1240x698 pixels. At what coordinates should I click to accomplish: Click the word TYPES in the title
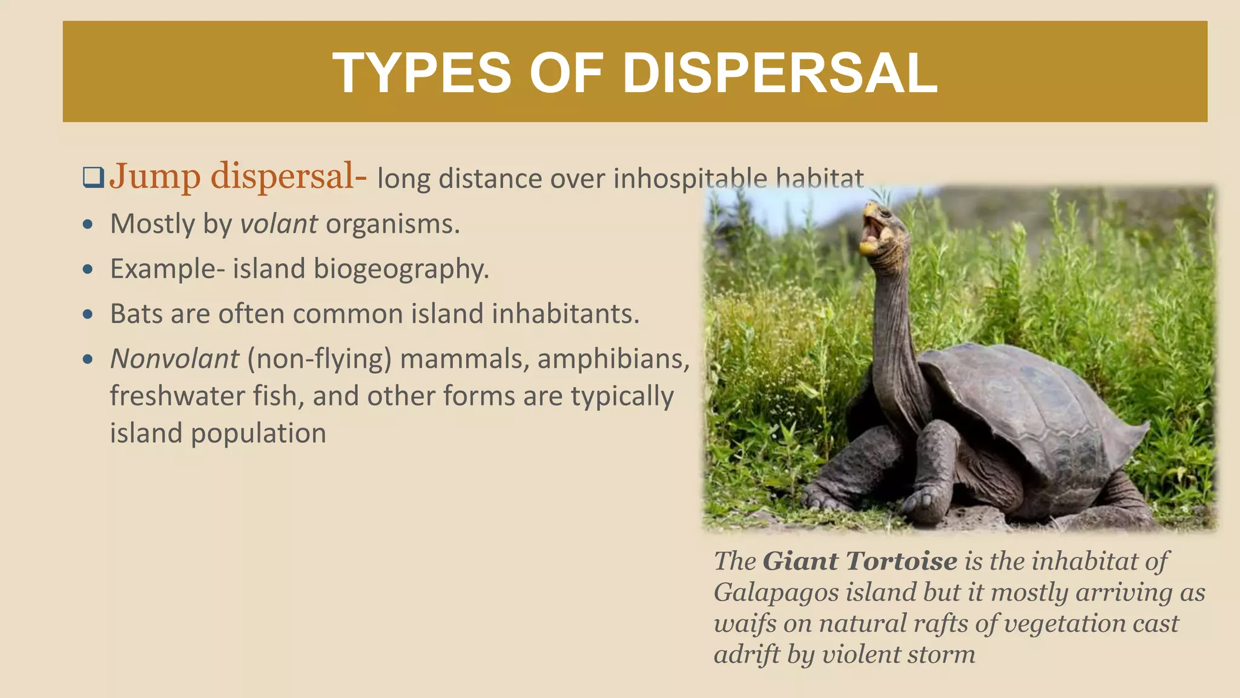tap(421, 73)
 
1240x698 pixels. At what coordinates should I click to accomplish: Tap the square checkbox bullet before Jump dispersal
tap(93, 178)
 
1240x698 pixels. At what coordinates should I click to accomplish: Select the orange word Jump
tap(155, 177)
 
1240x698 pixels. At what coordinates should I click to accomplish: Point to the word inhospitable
tap(690, 179)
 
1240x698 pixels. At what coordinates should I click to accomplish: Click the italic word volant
tap(279, 224)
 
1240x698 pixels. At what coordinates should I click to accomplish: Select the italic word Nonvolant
tap(174, 359)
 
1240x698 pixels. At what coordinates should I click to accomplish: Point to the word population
tap(259, 434)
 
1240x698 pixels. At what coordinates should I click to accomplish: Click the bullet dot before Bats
tap(88, 314)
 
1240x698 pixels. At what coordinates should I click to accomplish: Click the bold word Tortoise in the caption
tap(902, 561)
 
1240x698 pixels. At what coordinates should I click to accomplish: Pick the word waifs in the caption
tap(745, 624)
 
